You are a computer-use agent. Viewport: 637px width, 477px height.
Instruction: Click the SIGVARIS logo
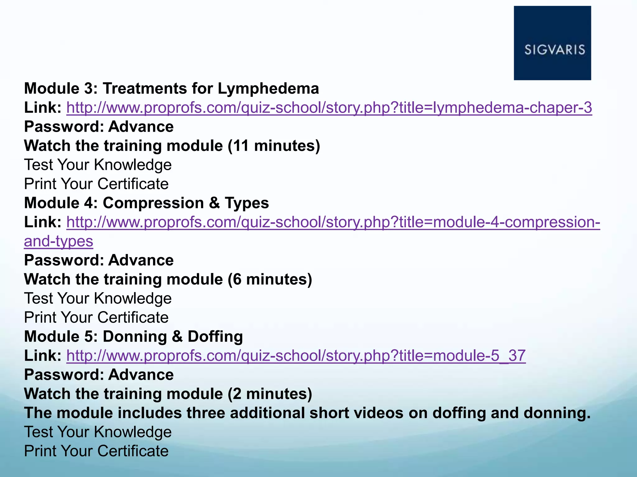click(x=552, y=43)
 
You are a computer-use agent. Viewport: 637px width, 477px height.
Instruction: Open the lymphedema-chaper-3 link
click(x=329, y=107)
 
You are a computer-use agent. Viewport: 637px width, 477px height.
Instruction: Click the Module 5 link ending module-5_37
click(x=296, y=355)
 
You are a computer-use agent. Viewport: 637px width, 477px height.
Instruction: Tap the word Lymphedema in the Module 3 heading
click(x=268, y=89)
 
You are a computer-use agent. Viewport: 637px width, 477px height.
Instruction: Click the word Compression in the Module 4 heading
click(x=153, y=203)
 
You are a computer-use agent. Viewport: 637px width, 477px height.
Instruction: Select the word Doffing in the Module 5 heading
click(x=215, y=337)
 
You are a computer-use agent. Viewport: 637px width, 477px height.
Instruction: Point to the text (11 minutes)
click(x=274, y=146)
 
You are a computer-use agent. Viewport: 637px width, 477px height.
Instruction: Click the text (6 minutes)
click(x=270, y=279)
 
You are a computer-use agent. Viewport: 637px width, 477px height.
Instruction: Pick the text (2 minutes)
click(x=270, y=394)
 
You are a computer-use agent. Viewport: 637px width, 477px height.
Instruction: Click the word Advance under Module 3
click(x=141, y=127)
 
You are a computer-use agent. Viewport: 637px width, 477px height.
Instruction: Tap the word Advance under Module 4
click(x=141, y=260)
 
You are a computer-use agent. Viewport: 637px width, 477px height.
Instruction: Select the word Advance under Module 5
click(x=141, y=375)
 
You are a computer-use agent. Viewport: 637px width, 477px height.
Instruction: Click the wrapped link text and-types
click(x=58, y=241)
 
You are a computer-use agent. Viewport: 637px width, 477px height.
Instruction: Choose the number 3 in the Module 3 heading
click(x=87, y=89)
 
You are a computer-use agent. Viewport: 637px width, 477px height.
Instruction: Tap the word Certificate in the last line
click(x=133, y=451)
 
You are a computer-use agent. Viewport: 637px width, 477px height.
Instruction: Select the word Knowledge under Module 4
click(x=133, y=298)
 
